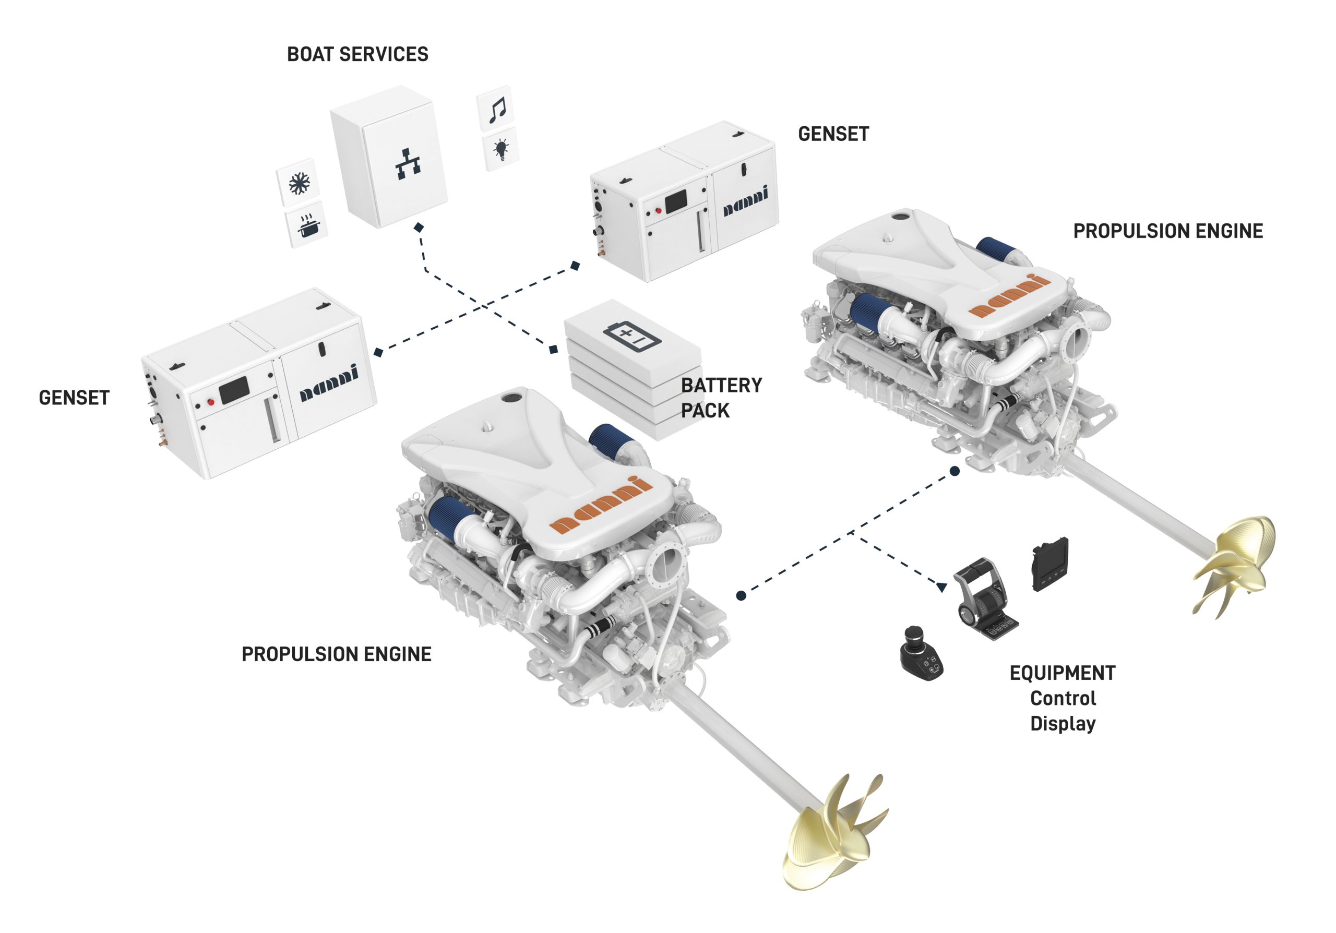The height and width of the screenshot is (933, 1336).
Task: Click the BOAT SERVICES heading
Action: [357, 54]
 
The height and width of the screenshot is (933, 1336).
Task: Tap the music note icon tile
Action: [496, 108]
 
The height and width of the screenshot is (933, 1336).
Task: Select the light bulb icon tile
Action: [500, 149]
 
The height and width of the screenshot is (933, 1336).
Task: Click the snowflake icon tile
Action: [298, 183]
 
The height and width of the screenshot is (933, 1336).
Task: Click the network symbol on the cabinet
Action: [408, 164]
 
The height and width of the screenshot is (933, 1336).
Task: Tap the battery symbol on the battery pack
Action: [631, 336]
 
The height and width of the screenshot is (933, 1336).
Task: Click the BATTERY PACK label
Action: [721, 398]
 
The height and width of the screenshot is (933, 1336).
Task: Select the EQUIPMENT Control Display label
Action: [1063, 698]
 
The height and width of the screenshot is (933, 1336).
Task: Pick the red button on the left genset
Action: [211, 402]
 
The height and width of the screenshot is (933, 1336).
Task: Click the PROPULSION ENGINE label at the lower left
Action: [336, 654]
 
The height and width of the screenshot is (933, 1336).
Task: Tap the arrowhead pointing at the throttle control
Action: [941, 587]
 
